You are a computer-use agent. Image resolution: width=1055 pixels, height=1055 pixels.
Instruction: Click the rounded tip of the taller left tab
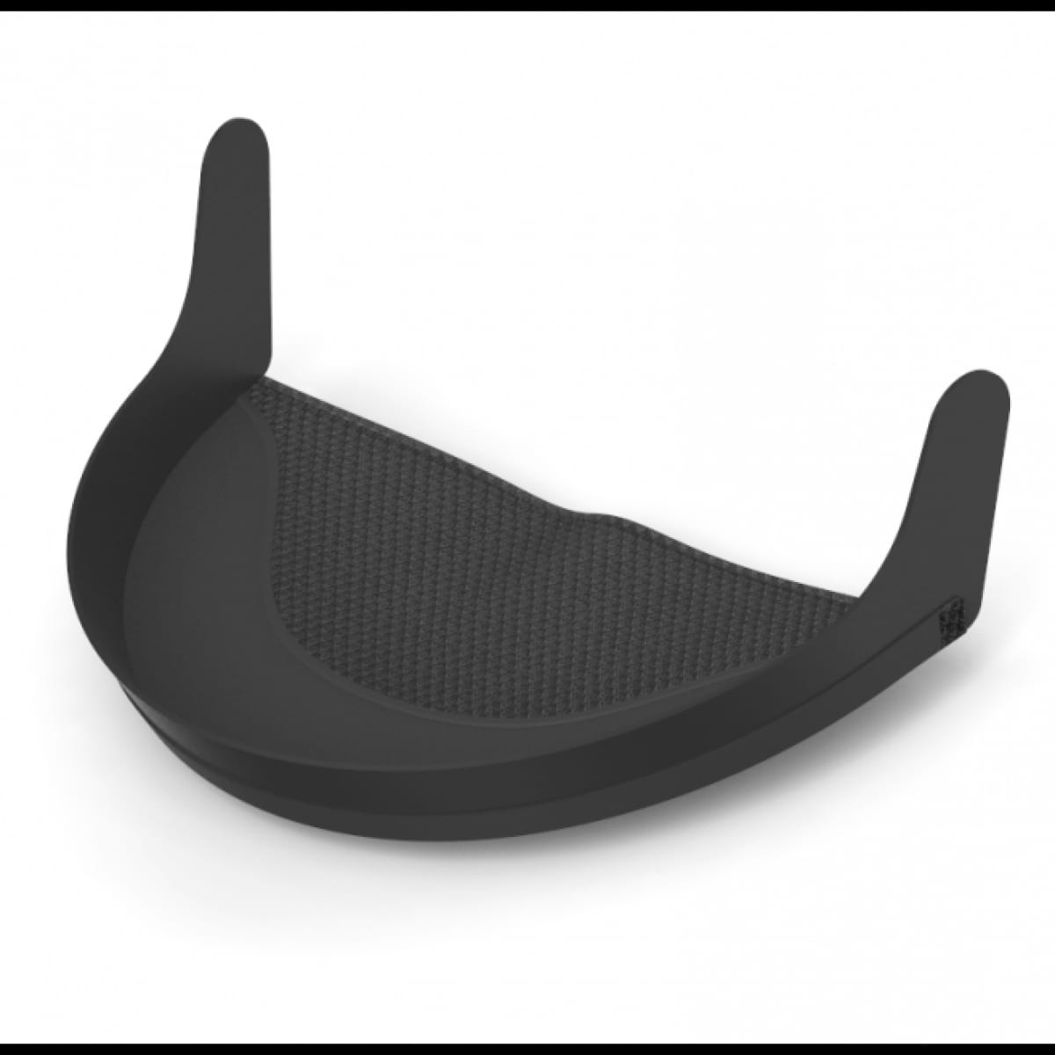236,141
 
